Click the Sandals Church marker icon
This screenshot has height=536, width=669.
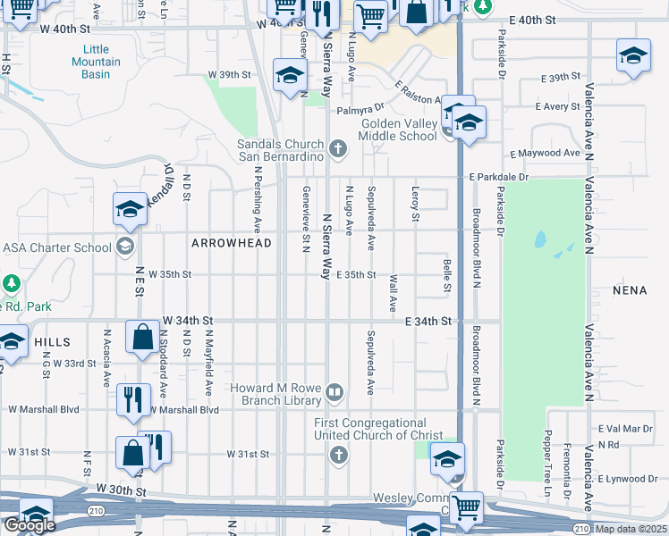[x=337, y=149]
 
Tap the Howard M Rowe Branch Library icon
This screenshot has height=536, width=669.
[x=334, y=391]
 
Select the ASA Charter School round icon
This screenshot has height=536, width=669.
[x=126, y=247]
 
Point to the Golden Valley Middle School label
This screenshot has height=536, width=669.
[x=398, y=130]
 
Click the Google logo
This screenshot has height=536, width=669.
[x=29, y=525]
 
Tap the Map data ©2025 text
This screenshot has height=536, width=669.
[x=631, y=529]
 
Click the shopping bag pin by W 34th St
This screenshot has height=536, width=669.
[x=142, y=338]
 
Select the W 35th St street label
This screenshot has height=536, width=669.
[x=170, y=274]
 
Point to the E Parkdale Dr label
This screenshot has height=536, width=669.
[x=500, y=177]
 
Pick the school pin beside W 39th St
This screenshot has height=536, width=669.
[x=290, y=76]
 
